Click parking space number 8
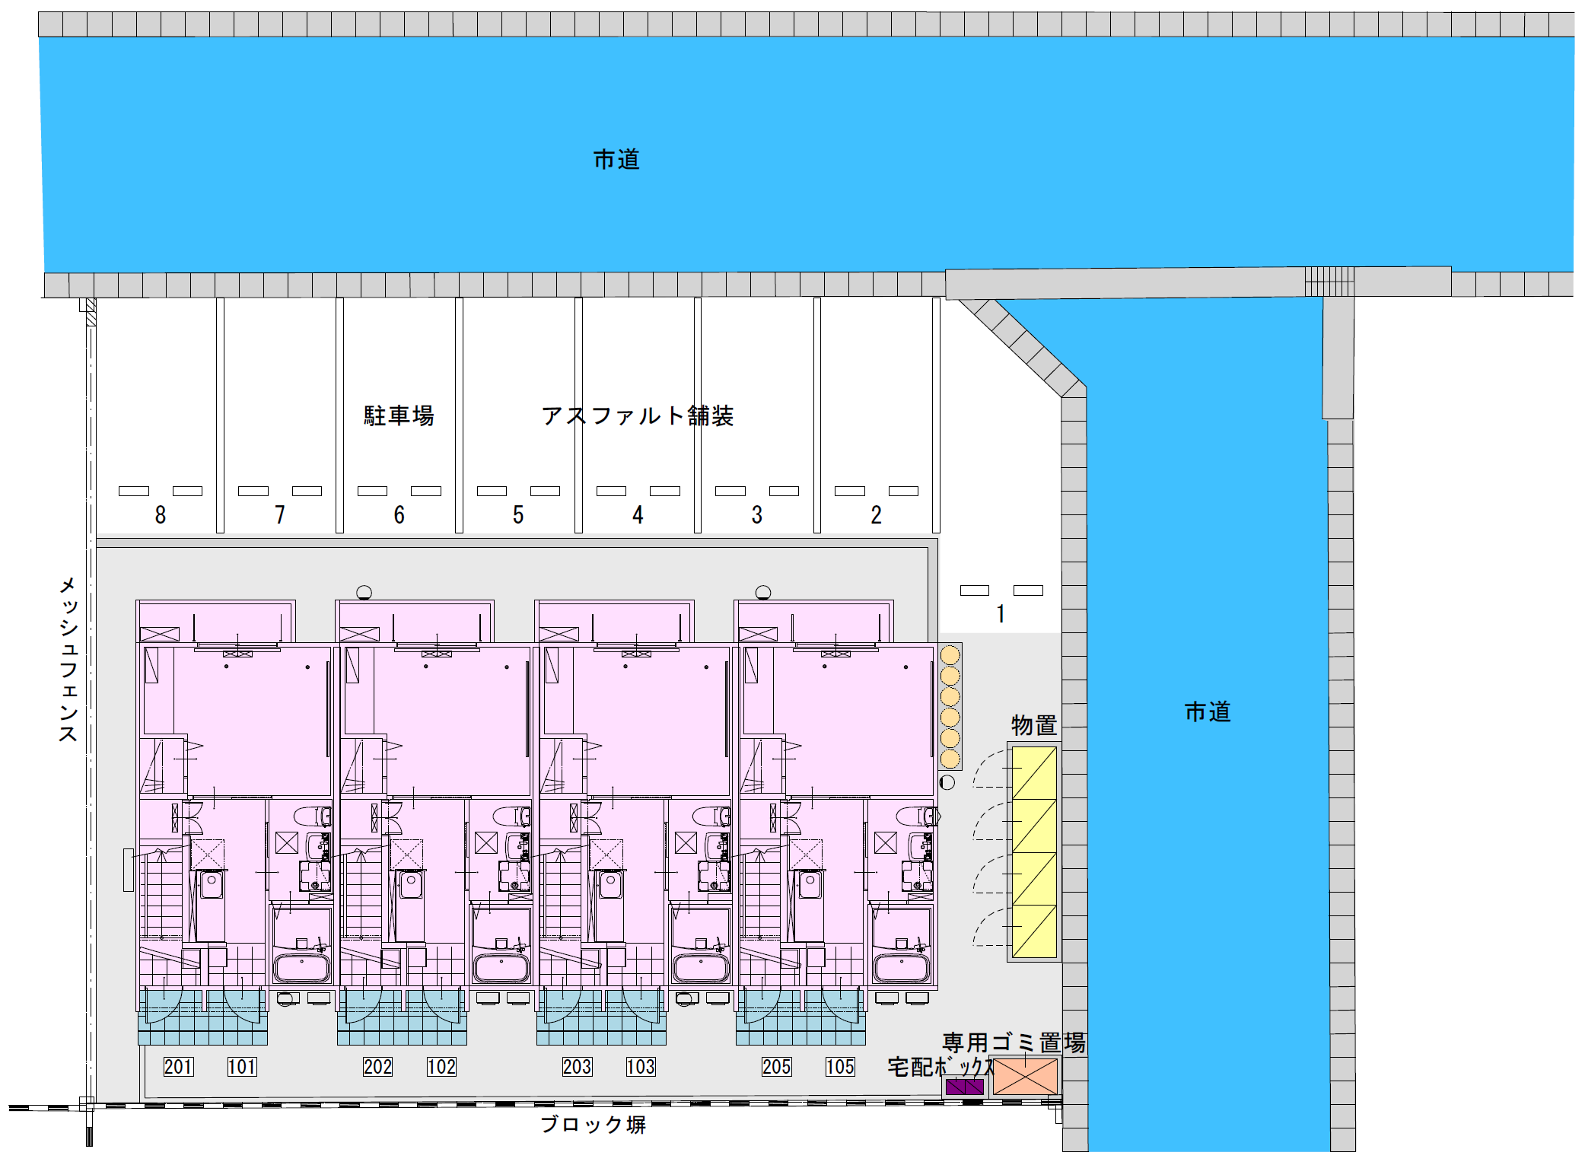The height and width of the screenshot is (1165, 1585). coord(161,515)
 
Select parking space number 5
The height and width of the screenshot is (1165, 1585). coord(518,515)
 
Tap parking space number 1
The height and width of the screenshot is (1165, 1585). coord(1001,614)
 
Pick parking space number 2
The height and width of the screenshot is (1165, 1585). coord(877,515)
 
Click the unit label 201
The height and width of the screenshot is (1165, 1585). coord(179,1067)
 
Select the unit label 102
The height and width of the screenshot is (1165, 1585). coord(441,1067)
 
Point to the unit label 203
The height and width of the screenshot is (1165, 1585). coord(578,1067)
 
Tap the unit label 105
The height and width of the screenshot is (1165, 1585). coord(840,1067)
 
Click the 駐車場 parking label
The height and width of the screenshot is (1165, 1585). coord(399,415)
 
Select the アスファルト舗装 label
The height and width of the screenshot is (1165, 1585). coord(638,415)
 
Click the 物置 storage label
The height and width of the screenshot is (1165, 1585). coord(1034,725)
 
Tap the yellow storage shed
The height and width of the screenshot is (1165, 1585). coord(1034,852)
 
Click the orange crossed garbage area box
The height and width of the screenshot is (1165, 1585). coord(1025,1077)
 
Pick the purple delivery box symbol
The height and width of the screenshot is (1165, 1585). coord(964,1087)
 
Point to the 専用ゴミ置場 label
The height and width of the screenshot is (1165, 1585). coord(1014,1042)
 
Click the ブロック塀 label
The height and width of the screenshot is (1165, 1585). coord(594,1125)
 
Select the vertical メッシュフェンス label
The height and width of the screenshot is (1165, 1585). coord(68,659)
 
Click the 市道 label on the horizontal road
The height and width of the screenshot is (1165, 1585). coord(616,160)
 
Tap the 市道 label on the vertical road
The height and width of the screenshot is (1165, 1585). coord(1208,712)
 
